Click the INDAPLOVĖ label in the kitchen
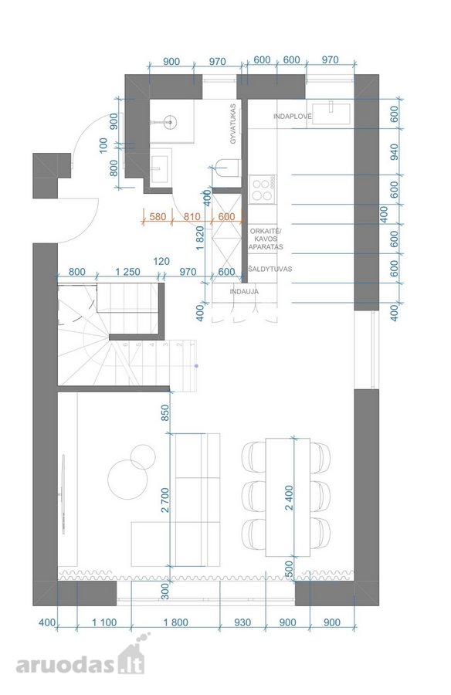(292, 117)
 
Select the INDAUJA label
(244, 292)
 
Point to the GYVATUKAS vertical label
(232, 124)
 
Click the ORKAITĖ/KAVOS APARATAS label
(266, 239)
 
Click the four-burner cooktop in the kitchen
(262, 189)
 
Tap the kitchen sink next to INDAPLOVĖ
(331, 114)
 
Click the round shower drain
(169, 121)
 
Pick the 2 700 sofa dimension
(165, 500)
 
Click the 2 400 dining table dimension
(289, 498)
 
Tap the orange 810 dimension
(192, 217)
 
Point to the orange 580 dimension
(158, 217)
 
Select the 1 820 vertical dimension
(199, 238)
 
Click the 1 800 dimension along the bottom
(175, 622)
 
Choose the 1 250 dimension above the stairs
(127, 272)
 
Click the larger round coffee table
(127, 480)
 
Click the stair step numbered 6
(126, 344)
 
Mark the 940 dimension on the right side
(394, 151)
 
